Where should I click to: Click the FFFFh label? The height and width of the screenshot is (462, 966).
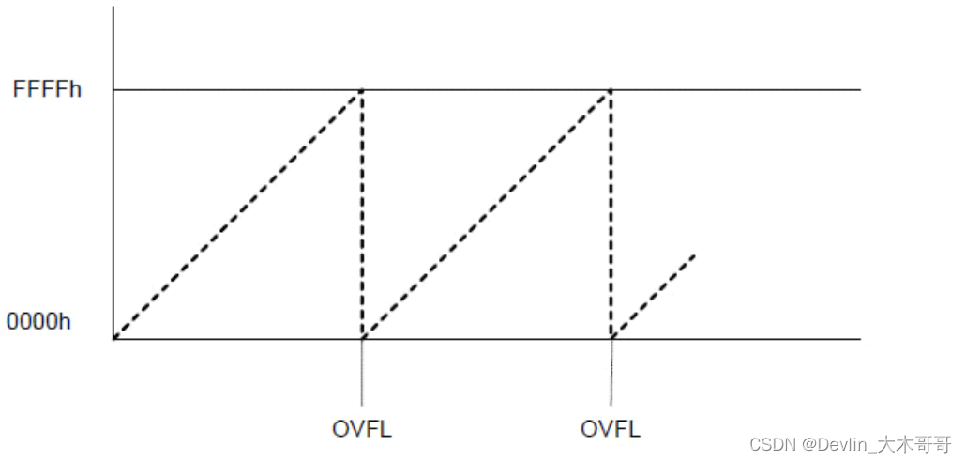tap(47, 90)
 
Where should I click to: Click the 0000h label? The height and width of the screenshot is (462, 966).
tap(38, 321)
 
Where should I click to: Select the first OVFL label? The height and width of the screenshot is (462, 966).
tap(361, 430)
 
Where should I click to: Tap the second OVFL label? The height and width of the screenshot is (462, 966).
tap(611, 430)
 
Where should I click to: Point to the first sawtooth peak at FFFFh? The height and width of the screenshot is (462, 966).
tap(362, 90)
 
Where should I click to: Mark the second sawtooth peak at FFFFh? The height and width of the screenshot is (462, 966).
tap(611, 90)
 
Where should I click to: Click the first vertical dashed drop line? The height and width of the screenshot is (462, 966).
tap(362, 216)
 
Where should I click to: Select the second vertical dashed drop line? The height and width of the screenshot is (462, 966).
tap(611, 216)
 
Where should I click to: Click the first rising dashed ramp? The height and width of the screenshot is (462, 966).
tap(237, 214)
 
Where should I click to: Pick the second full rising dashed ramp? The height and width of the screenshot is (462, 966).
tap(487, 214)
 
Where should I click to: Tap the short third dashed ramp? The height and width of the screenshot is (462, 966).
tap(654, 295)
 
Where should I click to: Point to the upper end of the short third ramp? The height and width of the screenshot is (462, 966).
tap(694, 254)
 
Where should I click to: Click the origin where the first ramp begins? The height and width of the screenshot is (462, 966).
tap(113, 338)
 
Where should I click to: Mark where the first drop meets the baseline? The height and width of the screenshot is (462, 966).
tap(362, 338)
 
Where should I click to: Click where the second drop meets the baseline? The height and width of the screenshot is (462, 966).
tap(611, 338)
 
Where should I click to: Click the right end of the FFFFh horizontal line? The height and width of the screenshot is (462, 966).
tap(859, 90)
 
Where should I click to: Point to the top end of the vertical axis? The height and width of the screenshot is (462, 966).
tap(113, 8)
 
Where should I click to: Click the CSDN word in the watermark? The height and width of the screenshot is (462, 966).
tap(769, 444)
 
